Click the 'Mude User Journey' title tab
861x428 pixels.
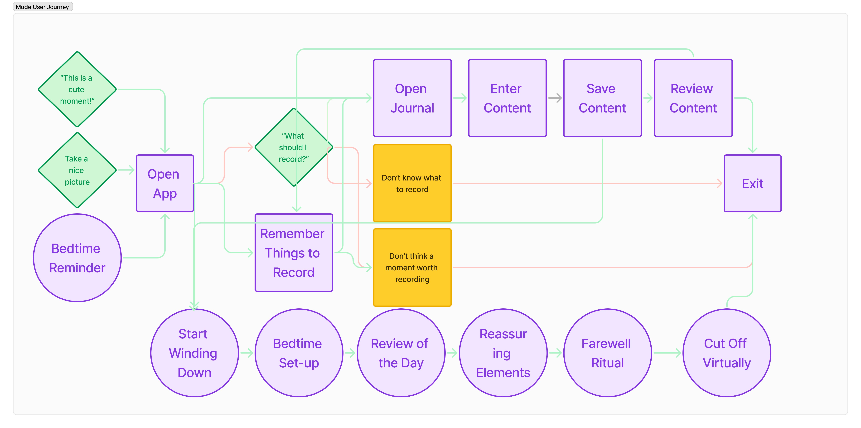pos(42,7)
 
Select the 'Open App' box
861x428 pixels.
pos(165,183)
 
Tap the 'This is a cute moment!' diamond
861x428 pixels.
pos(77,89)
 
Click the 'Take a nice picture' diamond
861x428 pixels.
pos(77,170)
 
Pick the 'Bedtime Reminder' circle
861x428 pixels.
pos(77,258)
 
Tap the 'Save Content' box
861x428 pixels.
pos(602,98)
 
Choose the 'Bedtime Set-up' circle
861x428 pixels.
pos(299,353)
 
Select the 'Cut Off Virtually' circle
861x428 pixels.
pos(727,353)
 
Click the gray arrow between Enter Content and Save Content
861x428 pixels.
pos(555,98)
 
